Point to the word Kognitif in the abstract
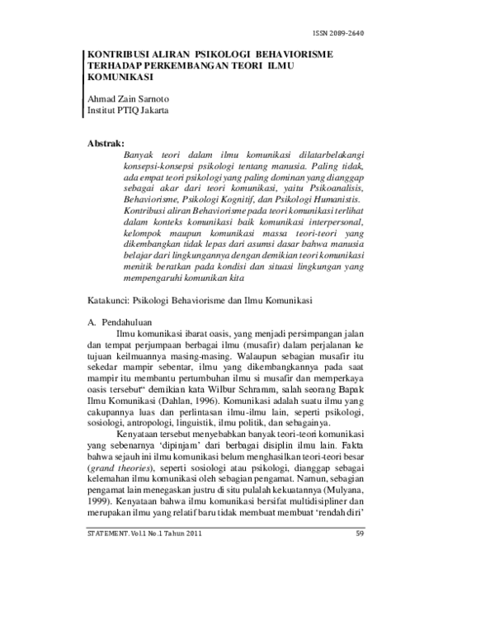pyautogui.click(x=245, y=199)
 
